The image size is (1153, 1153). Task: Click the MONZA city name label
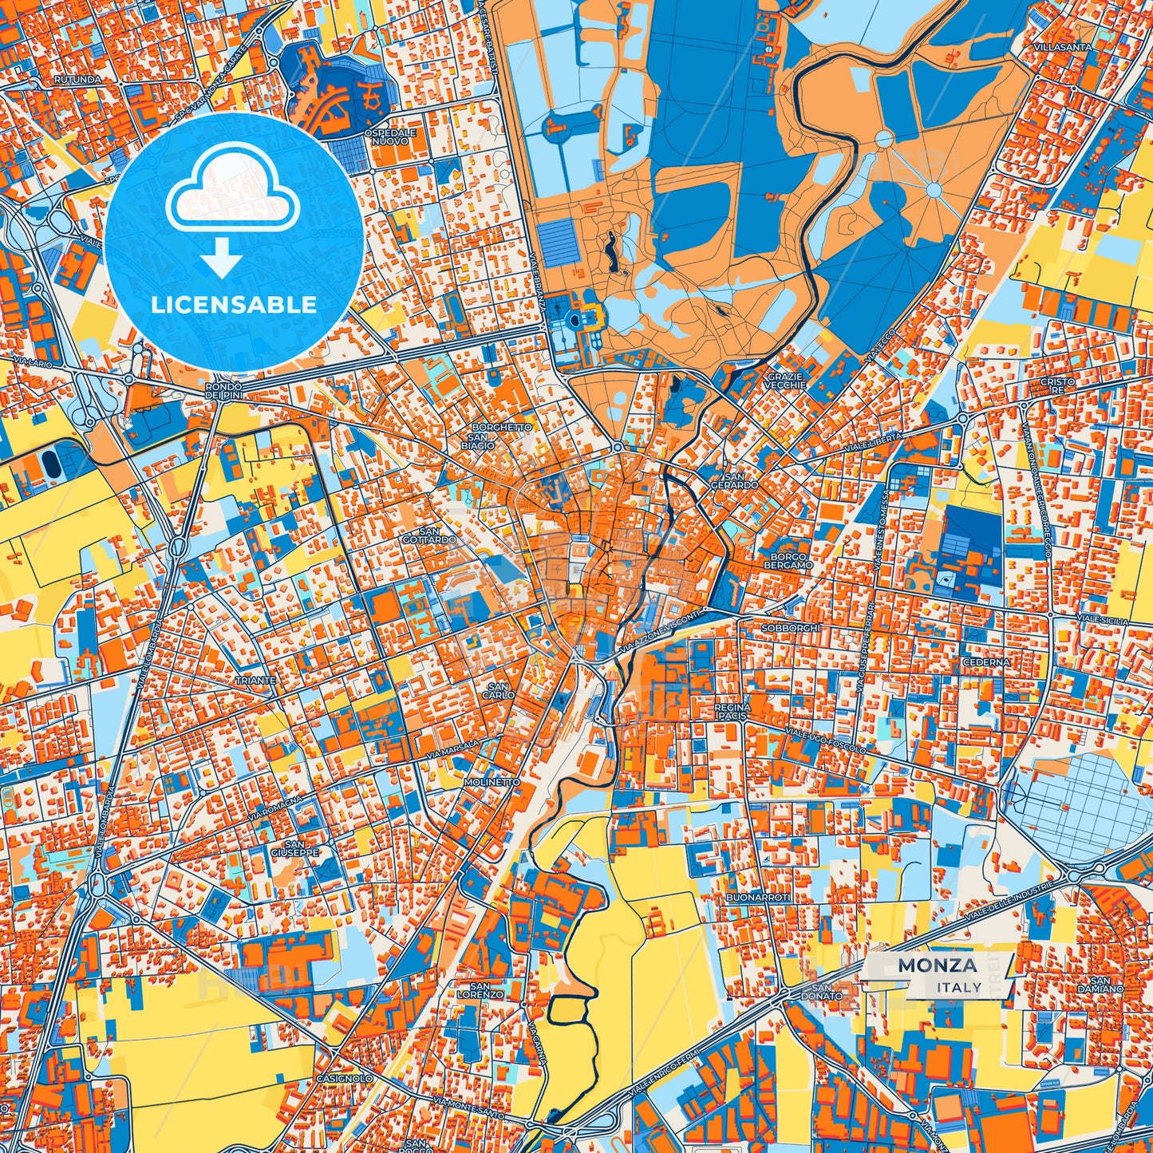pyautogui.click(x=937, y=965)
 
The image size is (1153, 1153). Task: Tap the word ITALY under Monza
pyautogui.click(x=959, y=987)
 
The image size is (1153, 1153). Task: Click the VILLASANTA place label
pyautogui.click(x=1061, y=47)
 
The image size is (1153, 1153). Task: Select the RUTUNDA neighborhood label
pyautogui.click(x=78, y=80)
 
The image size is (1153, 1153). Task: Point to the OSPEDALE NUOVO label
pyautogui.click(x=389, y=136)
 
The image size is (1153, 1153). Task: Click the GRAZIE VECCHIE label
pyautogui.click(x=786, y=381)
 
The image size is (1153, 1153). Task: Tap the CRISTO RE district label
pyautogui.click(x=1057, y=386)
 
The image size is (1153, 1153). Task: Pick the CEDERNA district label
pyautogui.click(x=986, y=661)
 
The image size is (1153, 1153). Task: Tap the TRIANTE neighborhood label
pyautogui.click(x=255, y=681)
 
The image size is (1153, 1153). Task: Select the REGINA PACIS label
pyautogui.click(x=732, y=712)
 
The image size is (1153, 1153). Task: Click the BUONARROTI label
pyautogui.click(x=758, y=898)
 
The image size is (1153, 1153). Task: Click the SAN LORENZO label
pyautogui.click(x=480, y=990)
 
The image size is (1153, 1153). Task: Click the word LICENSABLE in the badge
pyautogui.click(x=234, y=304)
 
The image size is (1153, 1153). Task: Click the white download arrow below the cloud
pyautogui.click(x=223, y=260)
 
